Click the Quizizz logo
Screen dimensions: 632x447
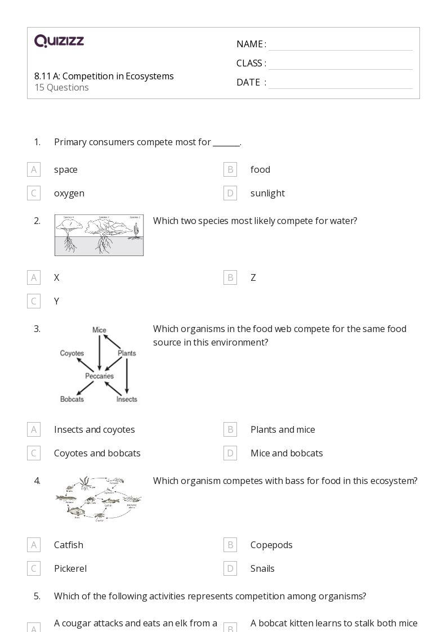pos(59,41)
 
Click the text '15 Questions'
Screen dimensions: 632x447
pos(61,87)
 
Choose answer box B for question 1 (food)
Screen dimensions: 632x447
pos(230,169)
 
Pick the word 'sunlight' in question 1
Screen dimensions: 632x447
pos(267,193)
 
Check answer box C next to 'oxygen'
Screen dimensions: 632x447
pos(34,193)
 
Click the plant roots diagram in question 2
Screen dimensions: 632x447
pos(99,235)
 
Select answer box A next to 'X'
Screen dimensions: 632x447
pos(34,277)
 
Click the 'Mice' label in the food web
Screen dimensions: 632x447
pos(99,330)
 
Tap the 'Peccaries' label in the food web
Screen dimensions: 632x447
pos(99,376)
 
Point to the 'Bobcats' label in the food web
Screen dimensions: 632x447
pos(72,399)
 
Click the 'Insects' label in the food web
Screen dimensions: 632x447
pos(127,399)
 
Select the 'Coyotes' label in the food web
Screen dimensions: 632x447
pos(72,353)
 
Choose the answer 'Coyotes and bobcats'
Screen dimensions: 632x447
pos(97,453)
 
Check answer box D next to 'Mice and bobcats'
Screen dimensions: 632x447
pos(230,453)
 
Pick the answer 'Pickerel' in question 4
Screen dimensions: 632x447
pos(70,568)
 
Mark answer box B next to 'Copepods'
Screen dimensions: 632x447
pos(230,545)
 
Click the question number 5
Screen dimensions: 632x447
pos(37,596)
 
